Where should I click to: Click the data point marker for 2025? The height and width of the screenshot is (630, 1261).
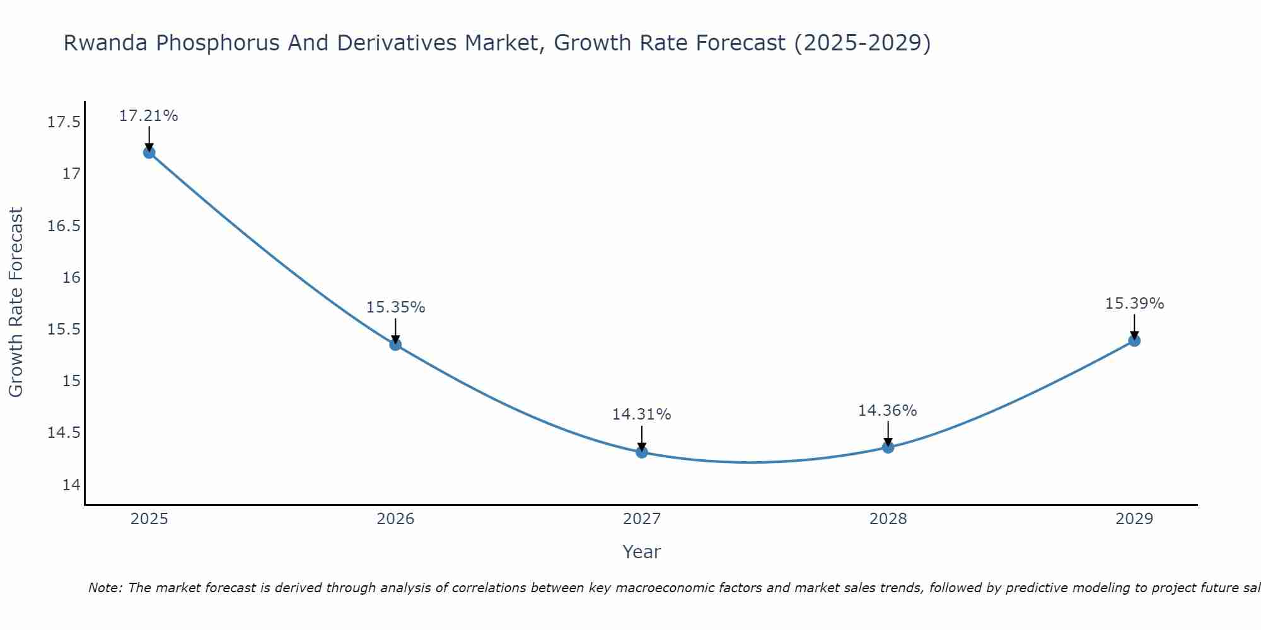pyautogui.click(x=149, y=152)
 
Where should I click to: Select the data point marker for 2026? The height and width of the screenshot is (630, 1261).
pyautogui.click(x=395, y=345)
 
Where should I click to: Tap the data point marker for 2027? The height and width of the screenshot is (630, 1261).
pyautogui.click(x=642, y=452)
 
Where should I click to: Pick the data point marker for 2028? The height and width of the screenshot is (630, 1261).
pyautogui.click(x=888, y=447)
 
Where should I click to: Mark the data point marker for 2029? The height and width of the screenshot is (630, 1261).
pyautogui.click(x=1134, y=341)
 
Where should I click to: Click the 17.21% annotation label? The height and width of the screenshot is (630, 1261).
pyautogui.click(x=149, y=116)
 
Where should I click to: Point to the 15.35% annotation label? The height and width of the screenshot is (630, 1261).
pyautogui.click(x=395, y=307)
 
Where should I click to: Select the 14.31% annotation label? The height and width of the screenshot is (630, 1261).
pyautogui.click(x=641, y=415)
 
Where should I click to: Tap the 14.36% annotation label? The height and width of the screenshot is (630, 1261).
pyautogui.click(x=887, y=411)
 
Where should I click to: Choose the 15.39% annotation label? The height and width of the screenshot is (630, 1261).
pyautogui.click(x=1134, y=304)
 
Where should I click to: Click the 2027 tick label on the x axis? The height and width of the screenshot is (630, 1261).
pyautogui.click(x=642, y=519)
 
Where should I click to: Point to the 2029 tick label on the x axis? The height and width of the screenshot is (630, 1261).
pyautogui.click(x=1134, y=519)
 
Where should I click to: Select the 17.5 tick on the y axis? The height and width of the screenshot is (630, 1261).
pyautogui.click(x=64, y=122)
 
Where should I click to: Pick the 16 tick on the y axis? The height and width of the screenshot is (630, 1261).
pyautogui.click(x=71, y=278)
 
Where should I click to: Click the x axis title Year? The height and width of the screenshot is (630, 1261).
pyautogui.click(x=641, y=552)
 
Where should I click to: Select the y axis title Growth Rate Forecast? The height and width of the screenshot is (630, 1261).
pyautogui.click(x=16, y=302)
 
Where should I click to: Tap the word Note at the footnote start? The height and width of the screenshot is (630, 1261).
pyautogui.click(x=105, y=588)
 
